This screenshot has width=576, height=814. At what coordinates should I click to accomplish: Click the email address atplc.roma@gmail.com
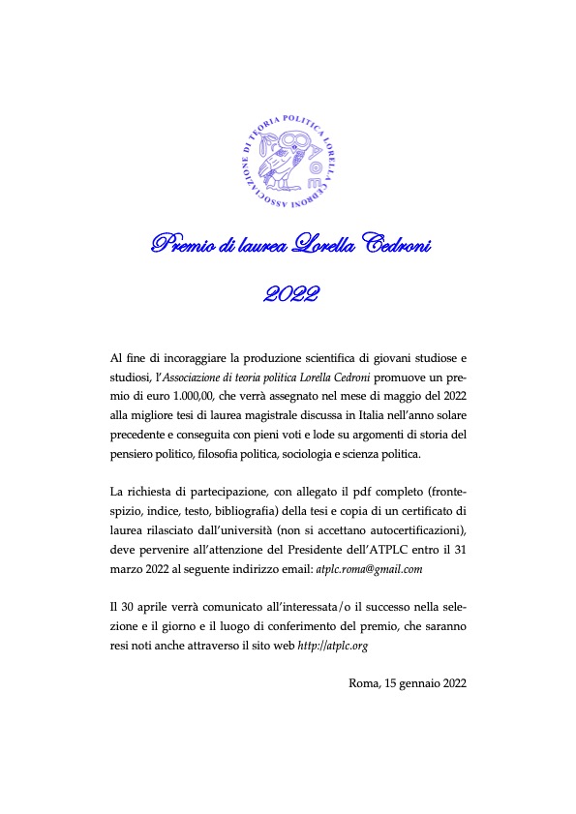(x=370, y=569)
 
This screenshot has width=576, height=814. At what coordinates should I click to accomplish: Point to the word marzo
(x=129, y=569)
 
